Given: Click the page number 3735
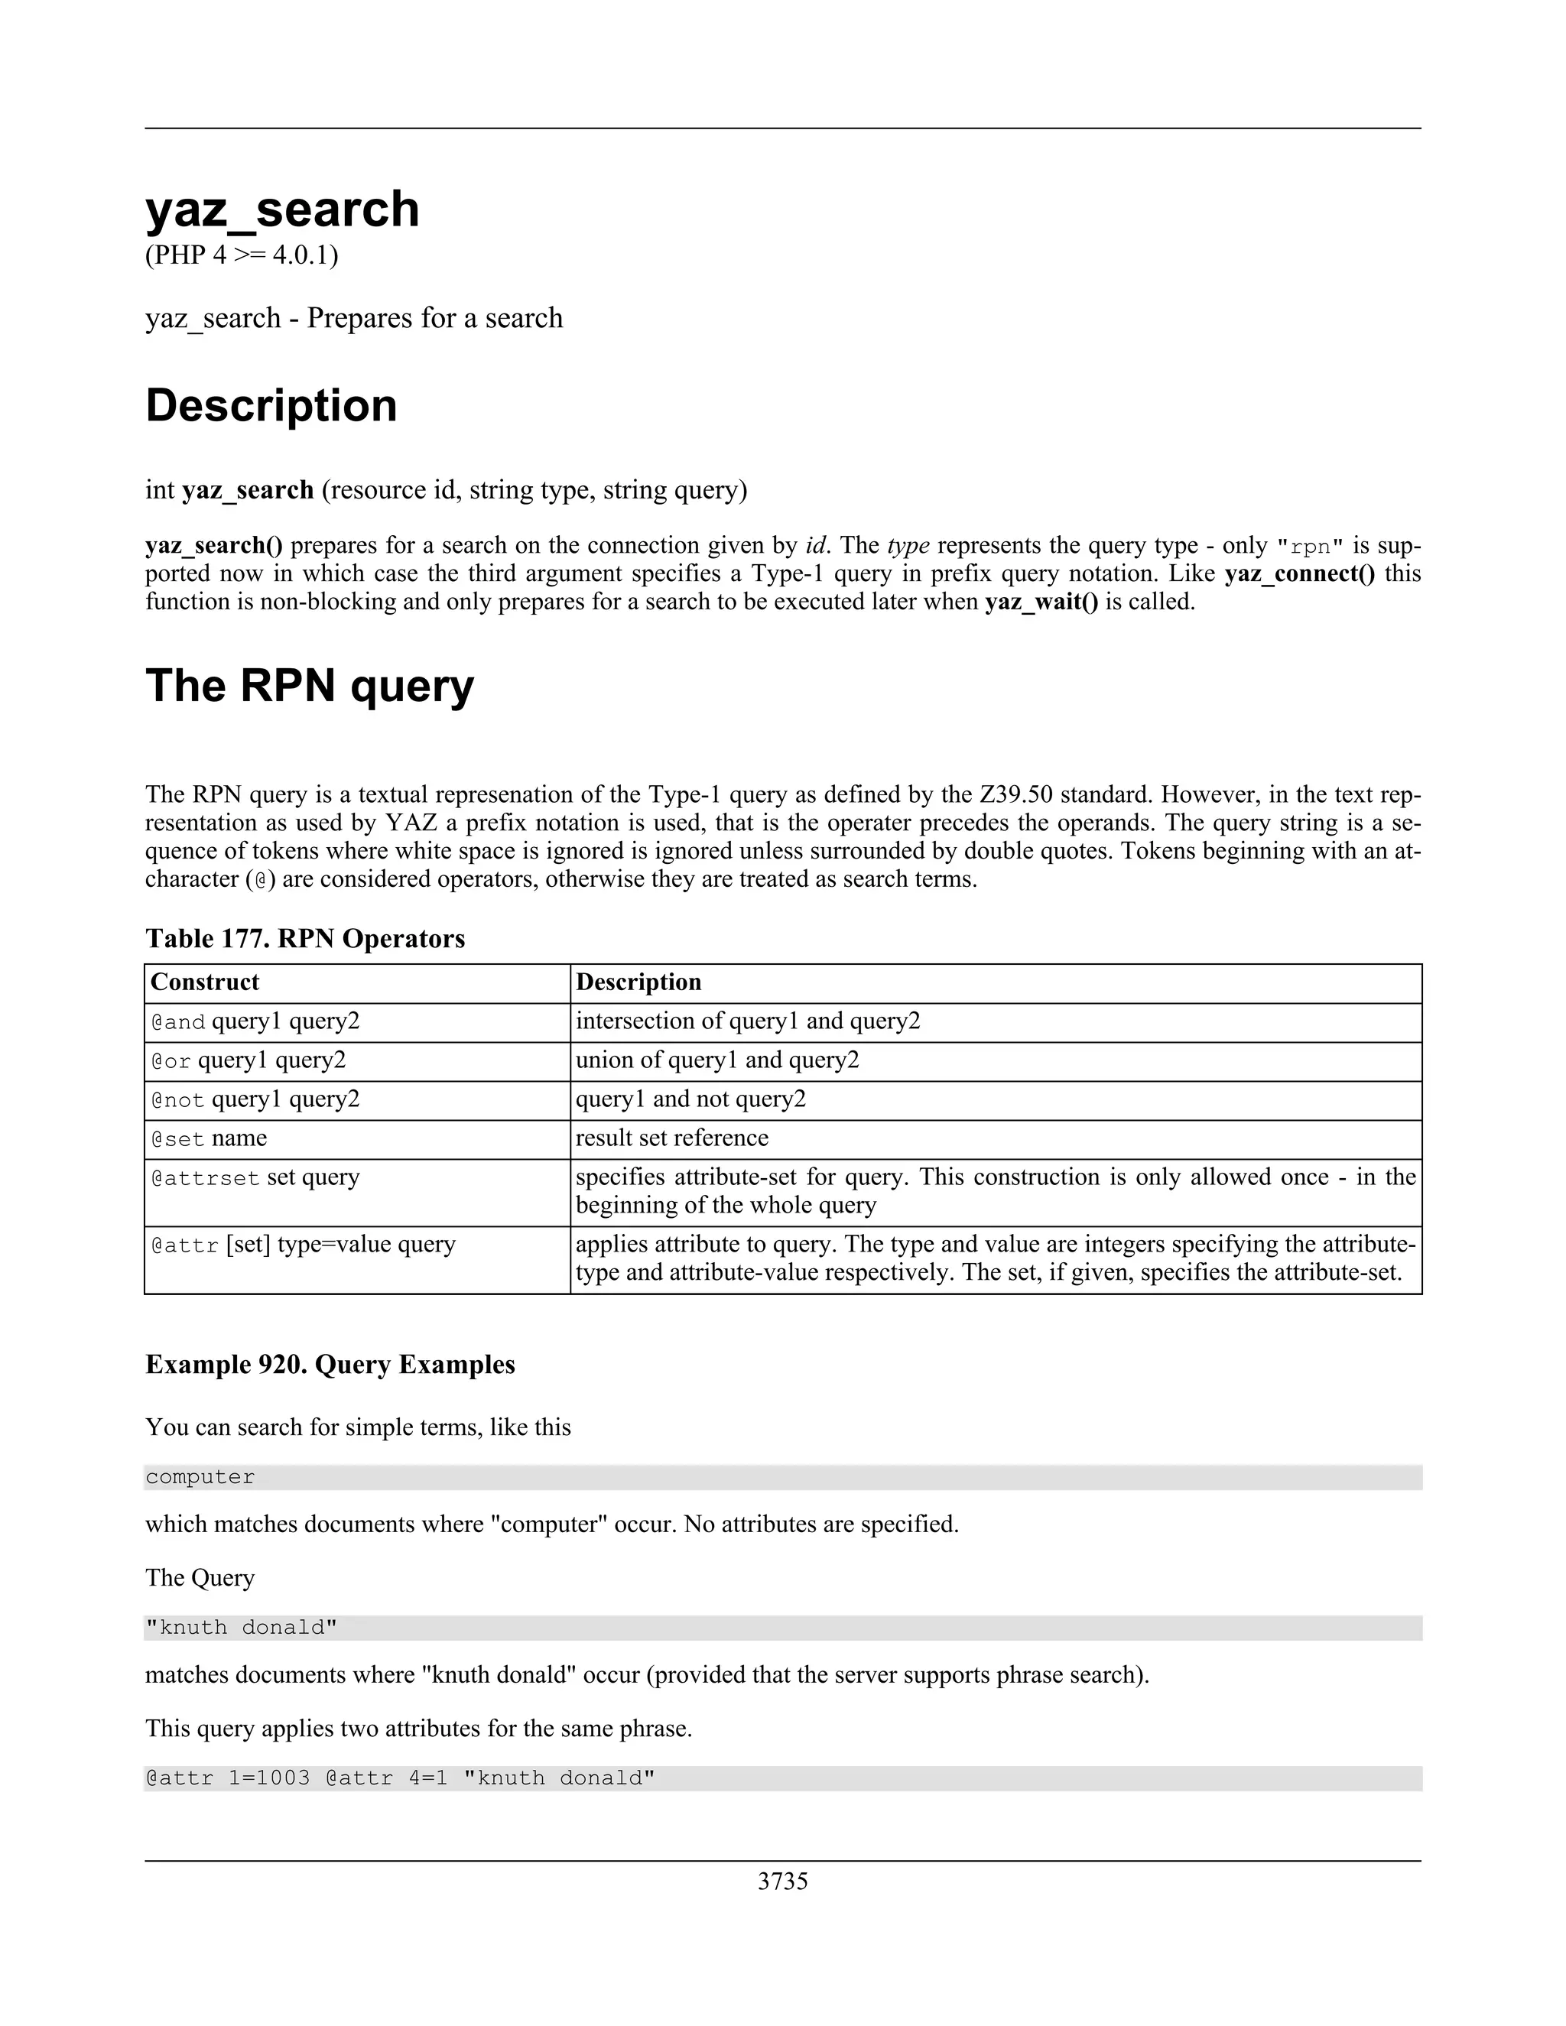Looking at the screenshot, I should click(782, 1881).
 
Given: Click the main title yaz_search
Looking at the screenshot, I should click(282, 209).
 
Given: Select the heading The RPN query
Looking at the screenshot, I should click(309, 686).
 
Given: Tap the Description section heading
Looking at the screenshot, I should click(271, 405).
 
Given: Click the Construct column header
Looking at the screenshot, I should click(205, 982).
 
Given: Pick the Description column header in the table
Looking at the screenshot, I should click(638, 982).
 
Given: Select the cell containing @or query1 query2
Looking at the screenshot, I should click(249, 1060).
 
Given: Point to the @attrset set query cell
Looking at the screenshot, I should click(255, 1178).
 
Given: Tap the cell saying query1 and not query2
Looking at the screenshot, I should click(690, 1099).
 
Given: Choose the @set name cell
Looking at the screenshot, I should click(209, 1138).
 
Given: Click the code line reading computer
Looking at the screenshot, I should click(200, 1477).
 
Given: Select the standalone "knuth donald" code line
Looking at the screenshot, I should click(241, 1627).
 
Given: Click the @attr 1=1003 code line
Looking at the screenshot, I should click(400, 1778).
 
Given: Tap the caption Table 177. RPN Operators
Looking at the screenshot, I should click(305, 939).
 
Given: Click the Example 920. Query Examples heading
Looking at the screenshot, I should click(330, 1365).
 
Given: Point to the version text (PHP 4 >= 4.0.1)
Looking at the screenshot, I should click(241, 255).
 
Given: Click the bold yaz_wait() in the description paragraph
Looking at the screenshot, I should click(1041, 602).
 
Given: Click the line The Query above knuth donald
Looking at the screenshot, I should click(200, 1578).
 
